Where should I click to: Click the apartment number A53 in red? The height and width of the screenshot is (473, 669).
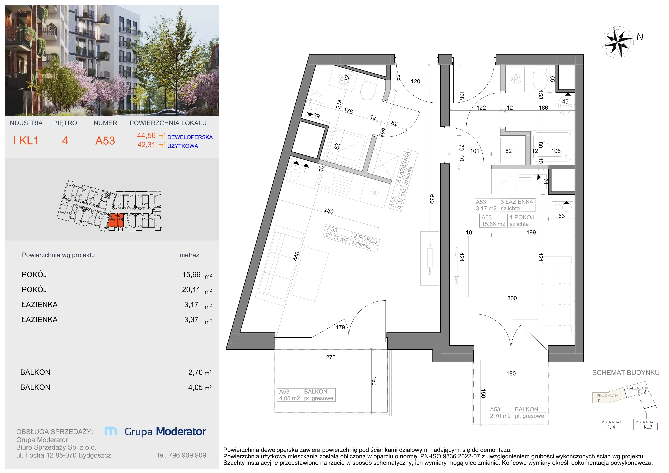click(105, 141)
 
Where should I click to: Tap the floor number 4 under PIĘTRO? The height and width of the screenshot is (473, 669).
click(65, 141)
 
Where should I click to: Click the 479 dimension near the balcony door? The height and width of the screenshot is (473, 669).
click(340, 327)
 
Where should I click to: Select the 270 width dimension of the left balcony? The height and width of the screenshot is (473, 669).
click(331, 357)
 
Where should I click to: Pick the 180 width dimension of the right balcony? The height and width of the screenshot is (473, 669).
click(511, 373)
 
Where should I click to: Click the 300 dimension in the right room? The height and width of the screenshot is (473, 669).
click(512, 298)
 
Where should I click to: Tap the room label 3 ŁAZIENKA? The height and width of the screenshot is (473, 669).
click(517, 202)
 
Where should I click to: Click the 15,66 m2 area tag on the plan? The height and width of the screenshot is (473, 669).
click(493, 224)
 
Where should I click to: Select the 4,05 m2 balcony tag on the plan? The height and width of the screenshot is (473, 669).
click(289, 398)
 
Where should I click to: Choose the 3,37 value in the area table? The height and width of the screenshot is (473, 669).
click(191, 320)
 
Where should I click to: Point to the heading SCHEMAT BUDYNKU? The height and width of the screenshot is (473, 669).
click(626, 373)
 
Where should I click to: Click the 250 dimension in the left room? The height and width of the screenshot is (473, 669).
click(329, 211)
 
